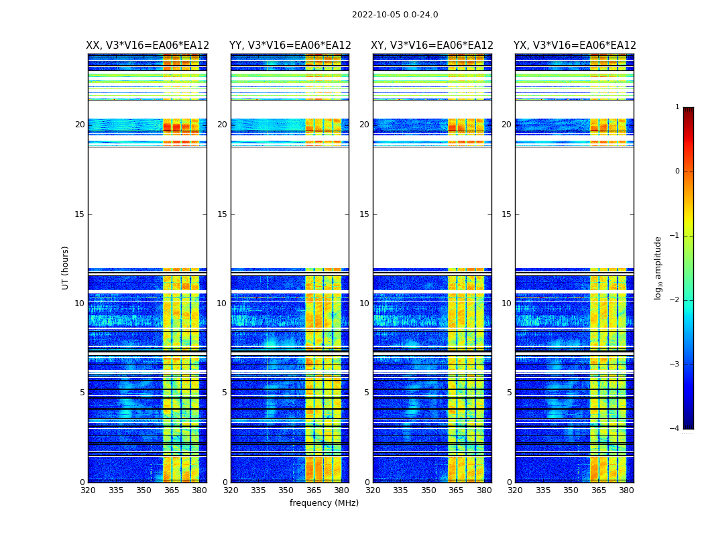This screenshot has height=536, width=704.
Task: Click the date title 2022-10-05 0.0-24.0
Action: click(395, 15)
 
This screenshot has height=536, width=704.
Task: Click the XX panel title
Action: click(148, 46)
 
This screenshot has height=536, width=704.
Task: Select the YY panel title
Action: click(290, 46)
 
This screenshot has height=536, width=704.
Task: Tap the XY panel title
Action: click(432, 46)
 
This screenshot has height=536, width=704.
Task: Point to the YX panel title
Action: click(575, 46)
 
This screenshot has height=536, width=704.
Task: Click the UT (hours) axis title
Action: click(65, 267)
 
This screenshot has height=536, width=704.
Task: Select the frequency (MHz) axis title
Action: click(324, 503)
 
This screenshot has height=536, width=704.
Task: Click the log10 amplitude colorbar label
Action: click(658, 267)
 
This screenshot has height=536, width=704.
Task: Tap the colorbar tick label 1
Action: click(677, 107)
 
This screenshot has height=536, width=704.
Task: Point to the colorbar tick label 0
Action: click(677, 172)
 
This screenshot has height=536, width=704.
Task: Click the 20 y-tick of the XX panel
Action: click(80, 125)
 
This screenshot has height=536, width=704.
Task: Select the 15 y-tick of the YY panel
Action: click(222, 214)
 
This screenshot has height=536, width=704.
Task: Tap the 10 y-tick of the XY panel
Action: click(364, 304)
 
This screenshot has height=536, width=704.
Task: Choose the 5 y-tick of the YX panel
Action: click(509, 393)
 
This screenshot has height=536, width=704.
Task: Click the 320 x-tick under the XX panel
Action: click(88, 490)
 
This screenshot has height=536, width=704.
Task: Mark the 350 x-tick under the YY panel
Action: click(286, 490)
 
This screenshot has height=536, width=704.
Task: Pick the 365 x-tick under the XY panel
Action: click(456, 490)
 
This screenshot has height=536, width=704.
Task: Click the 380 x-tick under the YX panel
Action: click(626, 490)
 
